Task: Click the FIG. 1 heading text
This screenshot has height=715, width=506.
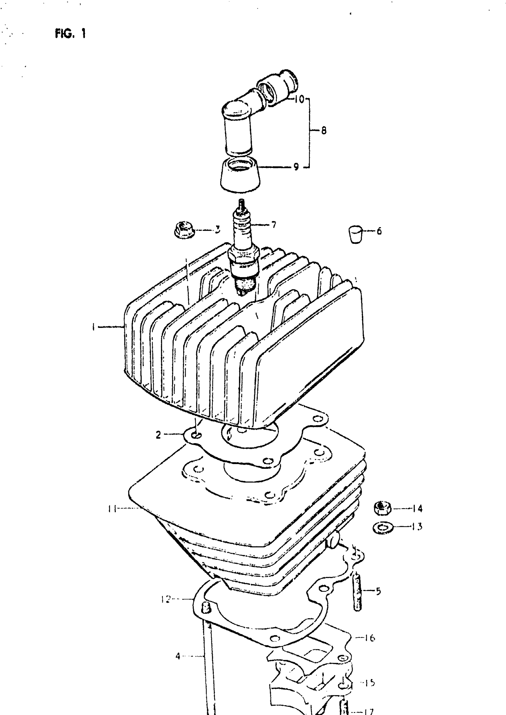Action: (70, 33)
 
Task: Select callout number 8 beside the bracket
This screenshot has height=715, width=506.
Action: (324, 131)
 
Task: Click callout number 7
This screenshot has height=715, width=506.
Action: (274, 225)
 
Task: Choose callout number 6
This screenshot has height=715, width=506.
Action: (379, 231)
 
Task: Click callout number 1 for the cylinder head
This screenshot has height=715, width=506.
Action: (93, 327)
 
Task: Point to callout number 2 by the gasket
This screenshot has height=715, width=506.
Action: (158, 435)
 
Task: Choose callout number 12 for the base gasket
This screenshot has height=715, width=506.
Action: (166, 599)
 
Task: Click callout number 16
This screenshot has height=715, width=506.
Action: (370, 638)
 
